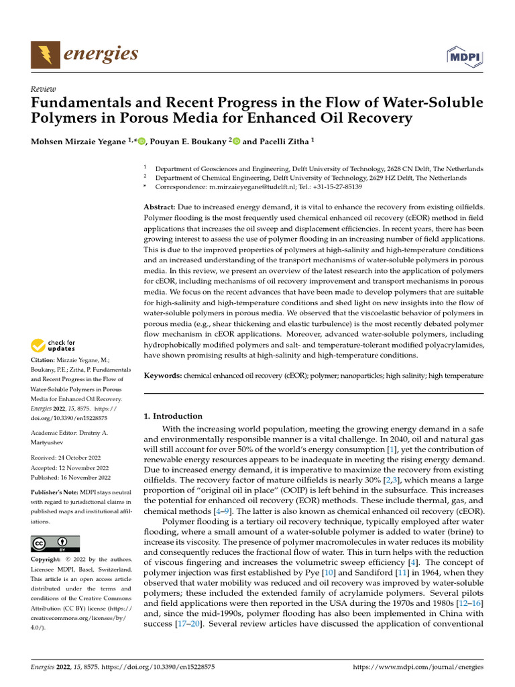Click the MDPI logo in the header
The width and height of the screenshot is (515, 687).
[464, 56]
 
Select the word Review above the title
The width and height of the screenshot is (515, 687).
[44, 89]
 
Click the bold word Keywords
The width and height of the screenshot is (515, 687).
[163, 376]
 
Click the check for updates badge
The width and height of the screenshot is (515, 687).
[54, 346]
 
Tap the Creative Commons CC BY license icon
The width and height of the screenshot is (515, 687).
[56, 543]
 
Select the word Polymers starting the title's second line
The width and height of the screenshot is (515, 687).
[64, 118]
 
